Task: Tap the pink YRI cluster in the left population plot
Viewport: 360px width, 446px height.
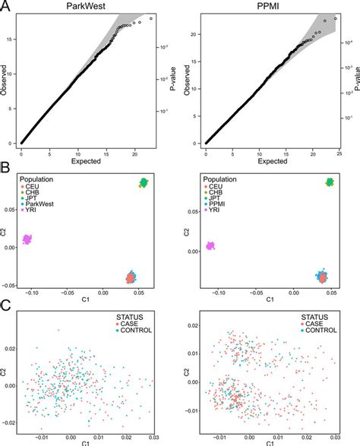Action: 28,239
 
